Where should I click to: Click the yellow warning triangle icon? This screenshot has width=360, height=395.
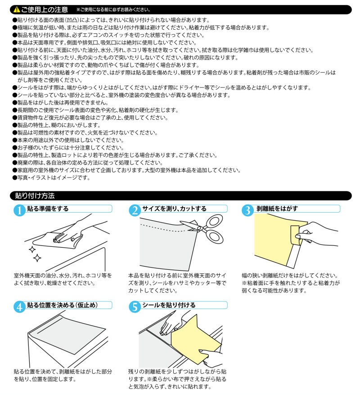click(17, 9)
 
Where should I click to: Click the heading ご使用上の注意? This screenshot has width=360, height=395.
click(45, 9)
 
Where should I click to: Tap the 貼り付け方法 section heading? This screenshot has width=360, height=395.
click(35, 196)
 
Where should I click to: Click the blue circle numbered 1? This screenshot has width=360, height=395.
click(19, 210)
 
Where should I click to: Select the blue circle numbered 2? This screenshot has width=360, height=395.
click(135, 210)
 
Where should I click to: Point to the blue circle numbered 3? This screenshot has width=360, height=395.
click(247, 210)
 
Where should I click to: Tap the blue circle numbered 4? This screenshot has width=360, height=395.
click(19, 307)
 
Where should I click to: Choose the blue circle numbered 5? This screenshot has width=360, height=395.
click(135, 307)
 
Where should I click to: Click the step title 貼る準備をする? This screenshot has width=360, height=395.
click(48, 209)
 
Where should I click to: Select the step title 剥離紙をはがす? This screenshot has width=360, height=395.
click(277, 209)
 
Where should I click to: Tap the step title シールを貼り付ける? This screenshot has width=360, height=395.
click(169, 305)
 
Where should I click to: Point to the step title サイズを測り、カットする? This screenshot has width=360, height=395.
click(174, 209)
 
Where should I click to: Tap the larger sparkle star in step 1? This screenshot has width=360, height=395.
click(37, 258)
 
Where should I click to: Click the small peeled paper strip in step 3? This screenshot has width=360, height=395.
click(296, 235)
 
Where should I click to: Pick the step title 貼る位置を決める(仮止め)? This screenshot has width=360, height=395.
click(62, 305)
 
